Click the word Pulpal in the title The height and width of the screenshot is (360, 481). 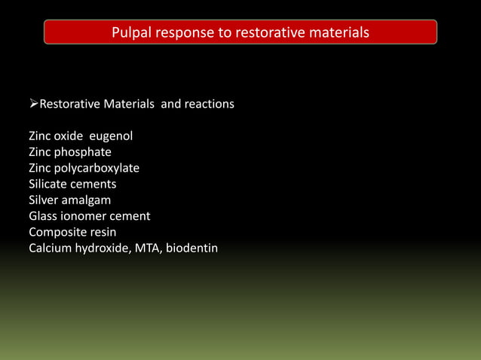point(130,32)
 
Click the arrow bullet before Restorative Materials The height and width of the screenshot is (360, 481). point(33,104)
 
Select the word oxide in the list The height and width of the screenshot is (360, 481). point(72,136)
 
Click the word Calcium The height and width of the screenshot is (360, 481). point(50,248)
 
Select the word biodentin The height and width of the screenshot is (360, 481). point(192,248)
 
